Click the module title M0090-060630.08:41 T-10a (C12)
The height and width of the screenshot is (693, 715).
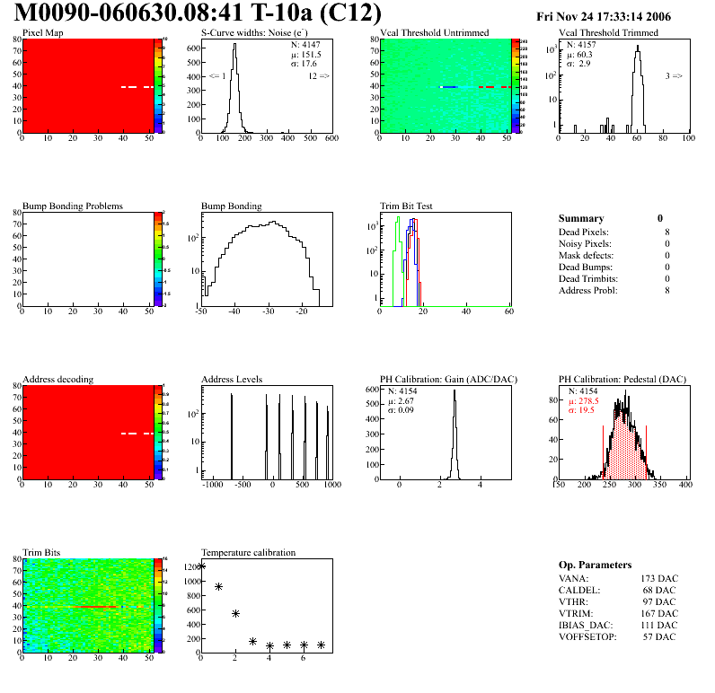pyautogui.click(x=198, y=14)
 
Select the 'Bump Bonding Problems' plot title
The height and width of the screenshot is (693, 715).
pyautogui.click(x=72, y=206)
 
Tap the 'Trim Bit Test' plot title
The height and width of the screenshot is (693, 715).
pyautogui.click(x=406, y=206)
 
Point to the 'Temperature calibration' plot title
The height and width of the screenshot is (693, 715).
pyautogui.click(x=248, y=553)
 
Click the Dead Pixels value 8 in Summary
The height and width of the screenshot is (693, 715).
pyautogui.click(x=666, y=232)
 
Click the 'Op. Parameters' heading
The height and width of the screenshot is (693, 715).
pyautogui.click(x=595, y=566)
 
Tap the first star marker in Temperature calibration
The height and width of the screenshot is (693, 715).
pyautogui.click(x=202, y=566)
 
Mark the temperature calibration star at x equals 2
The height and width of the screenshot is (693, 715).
pyautogui.click(x=235, y=614)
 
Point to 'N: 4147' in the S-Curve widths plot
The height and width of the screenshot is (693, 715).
pyautogui.click(x=305, y=44)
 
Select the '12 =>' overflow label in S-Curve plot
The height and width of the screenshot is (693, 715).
pyautogui.click(x=318, y=76)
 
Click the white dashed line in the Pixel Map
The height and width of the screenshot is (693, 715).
pyautogui.click(x=138, y=87)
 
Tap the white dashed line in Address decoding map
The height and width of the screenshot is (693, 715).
pyautogui.click(x=138, y=434)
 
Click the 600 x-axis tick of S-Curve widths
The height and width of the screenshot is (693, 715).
pyautogui.click(x=331, y=139)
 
